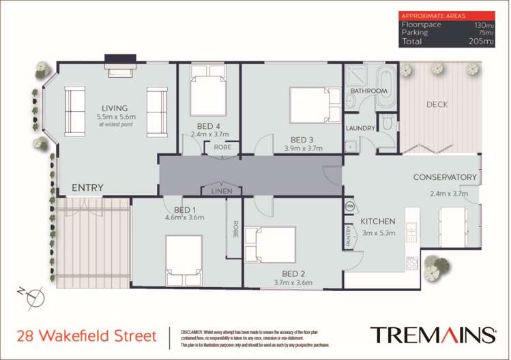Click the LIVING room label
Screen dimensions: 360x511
(x=115, y=108)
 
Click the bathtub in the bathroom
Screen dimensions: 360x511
(x=385, y=88)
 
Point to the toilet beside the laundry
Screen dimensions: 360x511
(x=386, y=125)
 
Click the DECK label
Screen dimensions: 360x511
(x=437, y=104)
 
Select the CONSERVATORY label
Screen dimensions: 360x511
(x=444, y=177)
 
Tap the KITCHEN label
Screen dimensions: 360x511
(x=377, y=222)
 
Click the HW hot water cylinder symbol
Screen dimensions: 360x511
(x=349, y=207)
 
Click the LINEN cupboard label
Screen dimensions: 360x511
(x=221, y=192)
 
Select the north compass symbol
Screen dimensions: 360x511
(x=34, y=297)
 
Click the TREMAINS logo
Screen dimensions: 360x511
(x=433, y=335)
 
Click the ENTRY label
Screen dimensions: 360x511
(x=87, y=187)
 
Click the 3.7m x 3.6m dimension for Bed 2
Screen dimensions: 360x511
(x=293, y=282)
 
